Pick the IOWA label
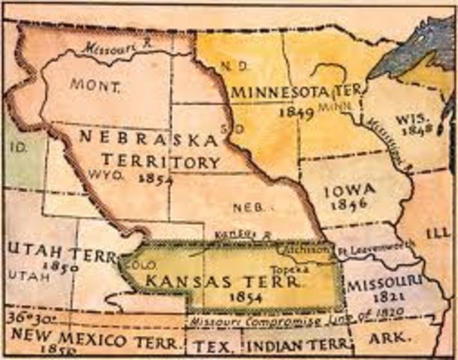point(350,190)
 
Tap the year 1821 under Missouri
point(381,297)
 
